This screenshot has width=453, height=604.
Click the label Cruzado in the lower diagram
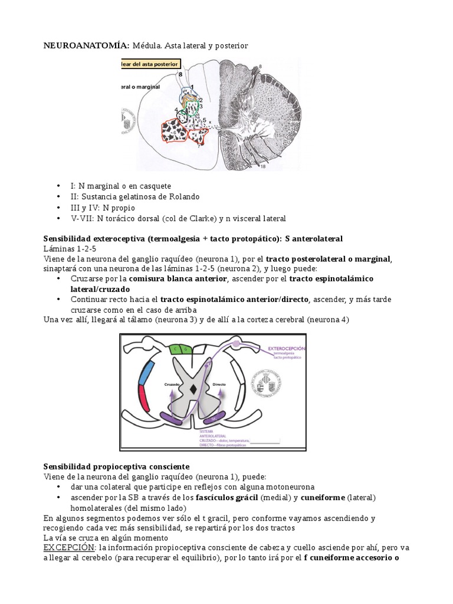click(172, 384)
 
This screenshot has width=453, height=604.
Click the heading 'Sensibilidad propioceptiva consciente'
click(108, 466)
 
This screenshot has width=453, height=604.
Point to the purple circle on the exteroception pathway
click(237, 343)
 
